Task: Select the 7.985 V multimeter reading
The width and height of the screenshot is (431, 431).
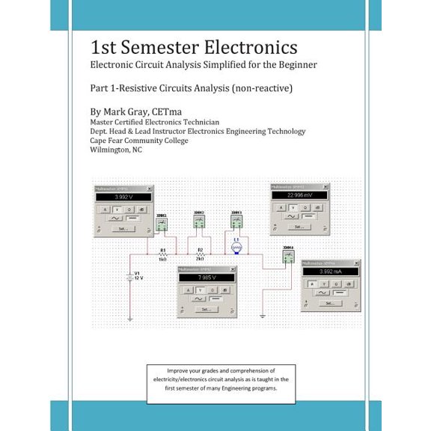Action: [x=205, y=278]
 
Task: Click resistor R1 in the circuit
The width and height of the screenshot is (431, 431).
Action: [x=162, y=254]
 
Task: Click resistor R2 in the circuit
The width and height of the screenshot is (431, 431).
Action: [x=200, y=254]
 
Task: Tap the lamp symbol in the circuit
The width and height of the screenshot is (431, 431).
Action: [x=237, y=246]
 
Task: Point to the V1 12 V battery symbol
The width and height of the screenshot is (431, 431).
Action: [x=130, y=277]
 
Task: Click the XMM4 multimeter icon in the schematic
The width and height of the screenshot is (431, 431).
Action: [x=287, y=257]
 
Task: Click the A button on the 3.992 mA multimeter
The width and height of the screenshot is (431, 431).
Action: [x=312, y=286]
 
